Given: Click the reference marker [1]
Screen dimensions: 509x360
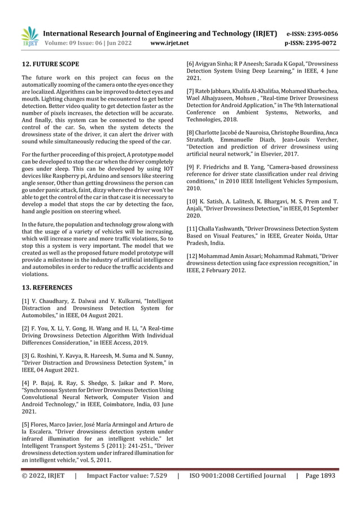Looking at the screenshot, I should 25,302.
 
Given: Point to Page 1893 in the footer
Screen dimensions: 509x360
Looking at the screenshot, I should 320,476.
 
